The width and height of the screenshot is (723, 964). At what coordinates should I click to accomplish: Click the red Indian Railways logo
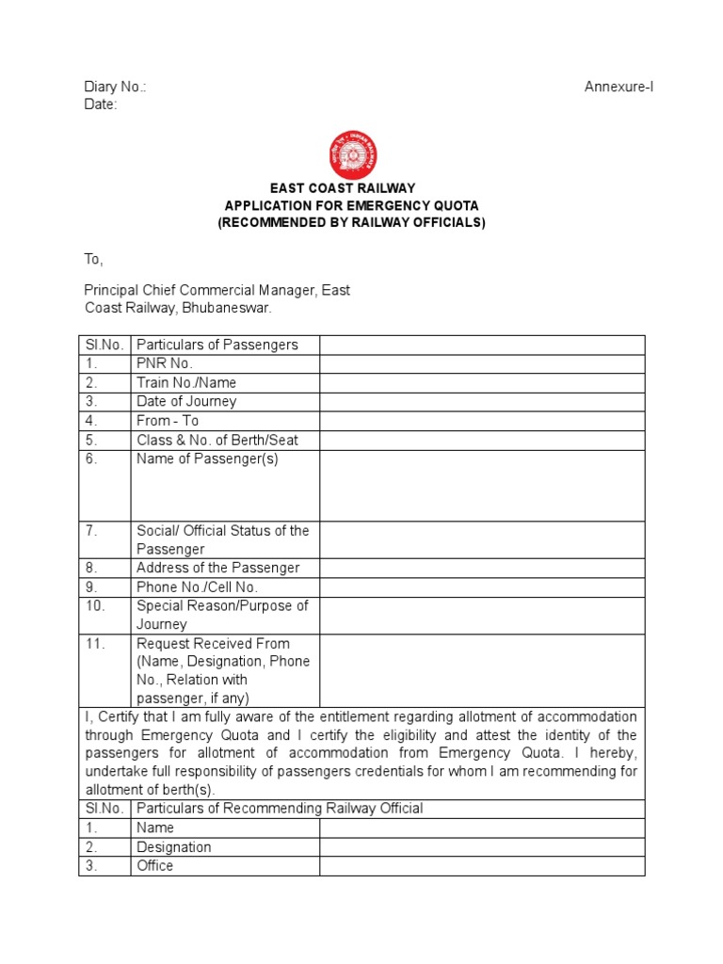tap(351, 154)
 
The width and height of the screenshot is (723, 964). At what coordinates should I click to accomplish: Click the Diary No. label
tap(115, 87)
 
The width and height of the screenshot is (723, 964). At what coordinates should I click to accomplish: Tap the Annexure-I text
tap(619, 87)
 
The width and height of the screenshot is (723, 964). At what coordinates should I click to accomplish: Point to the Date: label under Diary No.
tap(101, 104)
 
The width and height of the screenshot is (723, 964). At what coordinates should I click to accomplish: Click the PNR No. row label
tap(164, 363)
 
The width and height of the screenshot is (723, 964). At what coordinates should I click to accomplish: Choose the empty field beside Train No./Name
tap(482, 383)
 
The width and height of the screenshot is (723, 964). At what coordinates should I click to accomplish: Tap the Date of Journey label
tap(186, 402)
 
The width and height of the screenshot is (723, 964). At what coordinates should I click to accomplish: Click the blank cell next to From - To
tap(482, 421)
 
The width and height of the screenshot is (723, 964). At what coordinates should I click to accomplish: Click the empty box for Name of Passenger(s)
tap(482, 485)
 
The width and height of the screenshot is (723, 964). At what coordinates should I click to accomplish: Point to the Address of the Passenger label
tap(217, 568)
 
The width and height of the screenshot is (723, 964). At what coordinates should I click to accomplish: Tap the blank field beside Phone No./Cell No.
tap(482, 586)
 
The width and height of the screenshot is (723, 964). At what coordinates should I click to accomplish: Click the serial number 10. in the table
tap(95, 605)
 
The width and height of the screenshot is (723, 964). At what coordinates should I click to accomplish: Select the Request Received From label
tap(213, 643)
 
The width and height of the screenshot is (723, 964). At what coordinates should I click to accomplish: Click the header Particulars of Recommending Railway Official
tap(280, 809)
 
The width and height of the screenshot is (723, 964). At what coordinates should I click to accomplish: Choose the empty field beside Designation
tap(482, 846)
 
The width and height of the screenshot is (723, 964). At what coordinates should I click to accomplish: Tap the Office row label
tap(155, 865)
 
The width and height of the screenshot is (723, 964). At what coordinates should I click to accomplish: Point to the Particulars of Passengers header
tap(217, 345)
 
